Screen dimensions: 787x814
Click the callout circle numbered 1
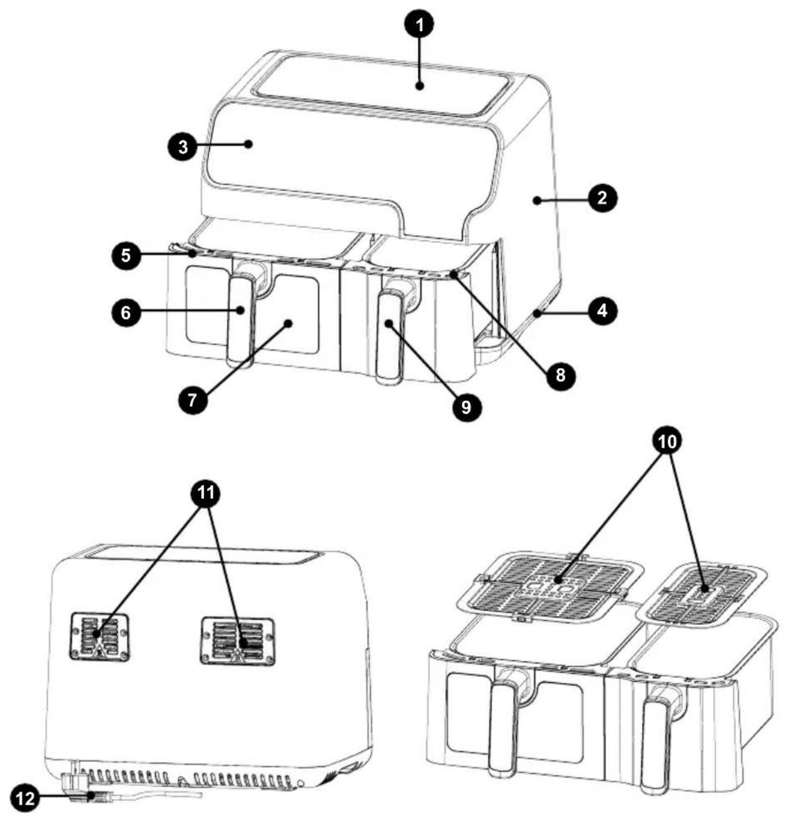click(x=419, y=25)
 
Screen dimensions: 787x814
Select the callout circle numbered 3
click(x=183, y=147)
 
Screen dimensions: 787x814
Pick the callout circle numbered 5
click(x=126, y=255)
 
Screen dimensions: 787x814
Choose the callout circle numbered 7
click(x=192, y=400)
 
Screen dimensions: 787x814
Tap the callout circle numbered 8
click(x=560, y=375)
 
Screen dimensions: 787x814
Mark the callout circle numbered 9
click(x=466, y=406)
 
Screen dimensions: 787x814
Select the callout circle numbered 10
click(x=668, y=441)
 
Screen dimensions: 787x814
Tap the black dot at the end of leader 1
click(x=420, y=86)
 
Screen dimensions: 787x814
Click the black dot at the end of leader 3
click(x=248, y=144)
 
